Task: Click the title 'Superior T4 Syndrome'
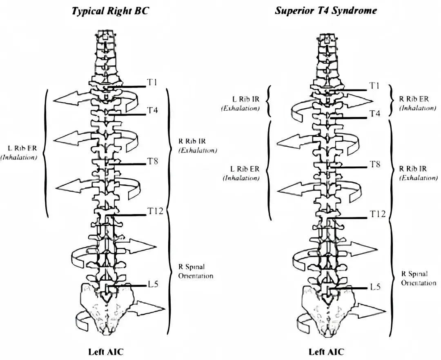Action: point(325,11)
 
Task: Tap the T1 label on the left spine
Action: point(152,83)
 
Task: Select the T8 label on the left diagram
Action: point(152,161)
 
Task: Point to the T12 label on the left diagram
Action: point(155,211)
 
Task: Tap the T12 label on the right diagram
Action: point(377,214)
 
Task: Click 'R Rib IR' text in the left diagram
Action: point(192,141)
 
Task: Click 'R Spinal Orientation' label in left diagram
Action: point(195,271)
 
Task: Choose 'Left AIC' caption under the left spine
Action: point(106,351)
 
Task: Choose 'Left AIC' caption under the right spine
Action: point(326,351)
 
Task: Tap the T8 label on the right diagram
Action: point(375,164)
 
